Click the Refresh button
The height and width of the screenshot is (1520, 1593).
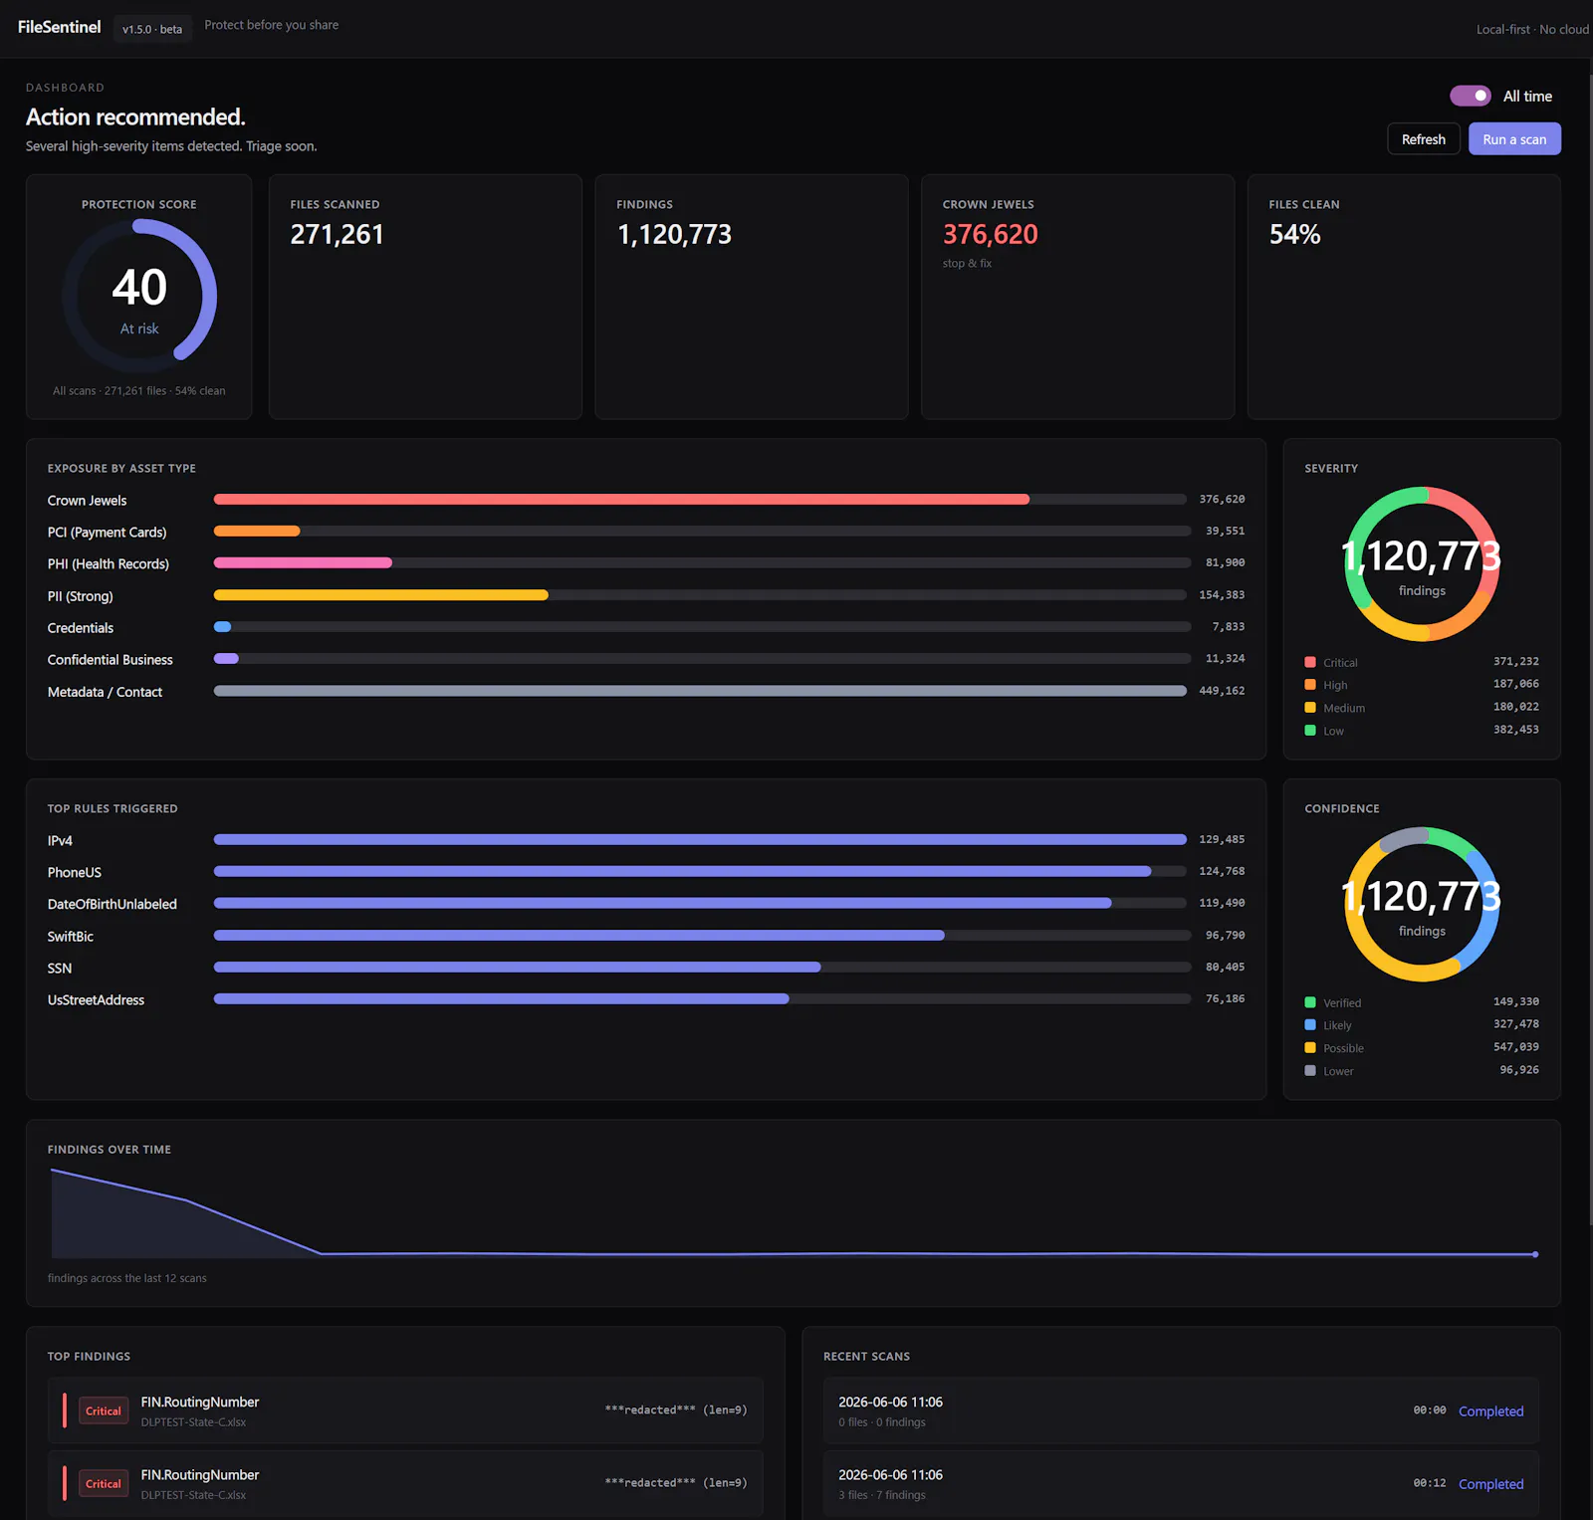coord(1423,139)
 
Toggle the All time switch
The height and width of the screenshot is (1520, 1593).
coord(1471,96)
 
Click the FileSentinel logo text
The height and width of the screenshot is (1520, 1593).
coord(60,27)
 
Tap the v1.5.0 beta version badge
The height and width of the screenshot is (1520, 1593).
coord(152,29)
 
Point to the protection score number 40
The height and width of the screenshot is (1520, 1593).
coord(139,288)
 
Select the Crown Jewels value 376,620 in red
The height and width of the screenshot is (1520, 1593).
coord(990,234)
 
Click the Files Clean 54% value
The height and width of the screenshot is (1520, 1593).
coord(1294,234)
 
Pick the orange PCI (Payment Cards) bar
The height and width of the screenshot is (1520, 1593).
coord(257,532)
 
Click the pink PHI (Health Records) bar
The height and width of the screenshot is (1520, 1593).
coord(303,563)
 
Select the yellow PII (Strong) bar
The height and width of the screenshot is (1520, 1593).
coord(381,595)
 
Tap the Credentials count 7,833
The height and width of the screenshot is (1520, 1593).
coord(1228,627)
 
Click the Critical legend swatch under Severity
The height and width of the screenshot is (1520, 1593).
coord(1310,662)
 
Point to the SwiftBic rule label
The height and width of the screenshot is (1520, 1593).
coord(71,937)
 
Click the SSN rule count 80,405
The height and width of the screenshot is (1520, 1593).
coord(1225,968)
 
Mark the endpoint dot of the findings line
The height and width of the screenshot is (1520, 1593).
coord(1535,1254)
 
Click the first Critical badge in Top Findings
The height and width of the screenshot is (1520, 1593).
coord(104,1411)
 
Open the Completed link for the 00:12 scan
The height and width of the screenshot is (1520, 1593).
coord(1490,1484)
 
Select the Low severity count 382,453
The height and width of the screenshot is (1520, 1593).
coord(1515,730)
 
